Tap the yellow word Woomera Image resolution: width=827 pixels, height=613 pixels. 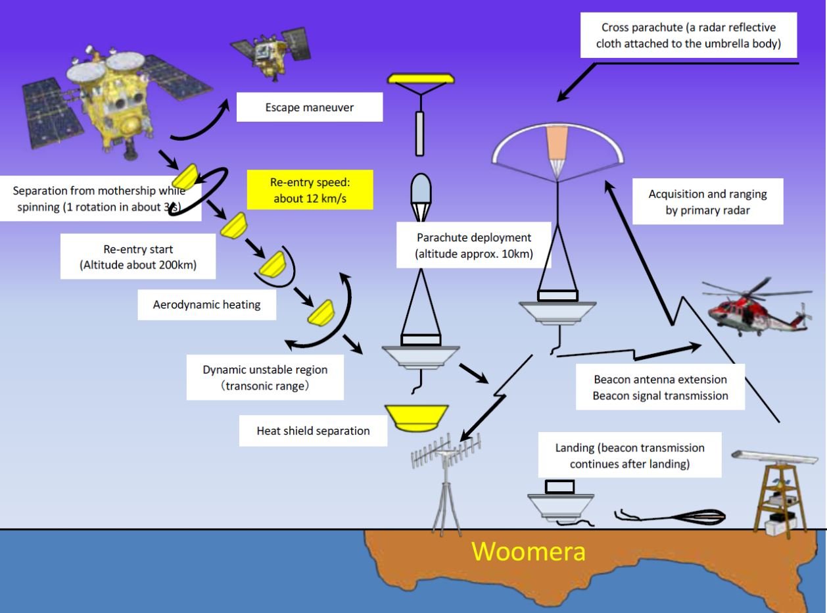pos(529,551)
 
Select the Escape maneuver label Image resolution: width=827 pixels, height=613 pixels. pos(310,107)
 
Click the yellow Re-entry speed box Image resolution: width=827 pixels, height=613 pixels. pos(310,190)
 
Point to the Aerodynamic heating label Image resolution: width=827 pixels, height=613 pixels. pos(207,305)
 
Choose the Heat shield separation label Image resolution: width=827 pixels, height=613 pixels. pos(313,431)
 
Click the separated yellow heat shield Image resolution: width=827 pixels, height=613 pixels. pos(416,418)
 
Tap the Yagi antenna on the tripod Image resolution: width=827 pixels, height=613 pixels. pos(446,481)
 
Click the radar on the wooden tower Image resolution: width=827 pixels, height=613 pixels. pos(779,493)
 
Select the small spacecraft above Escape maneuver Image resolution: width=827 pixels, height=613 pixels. pos(271,53)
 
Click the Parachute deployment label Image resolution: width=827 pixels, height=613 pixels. pos(473,245)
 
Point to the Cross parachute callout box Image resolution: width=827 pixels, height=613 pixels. pos(688,36)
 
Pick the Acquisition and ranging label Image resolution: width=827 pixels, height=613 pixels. pos(708,201)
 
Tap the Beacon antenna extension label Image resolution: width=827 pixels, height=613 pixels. pos(660,387)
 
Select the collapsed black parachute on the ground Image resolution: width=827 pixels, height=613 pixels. pos(671,516)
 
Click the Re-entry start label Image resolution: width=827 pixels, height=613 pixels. pos(138,257)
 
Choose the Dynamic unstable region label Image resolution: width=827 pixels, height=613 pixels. pos(265,377)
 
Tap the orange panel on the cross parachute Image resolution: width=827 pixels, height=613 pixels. pos(557,143)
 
